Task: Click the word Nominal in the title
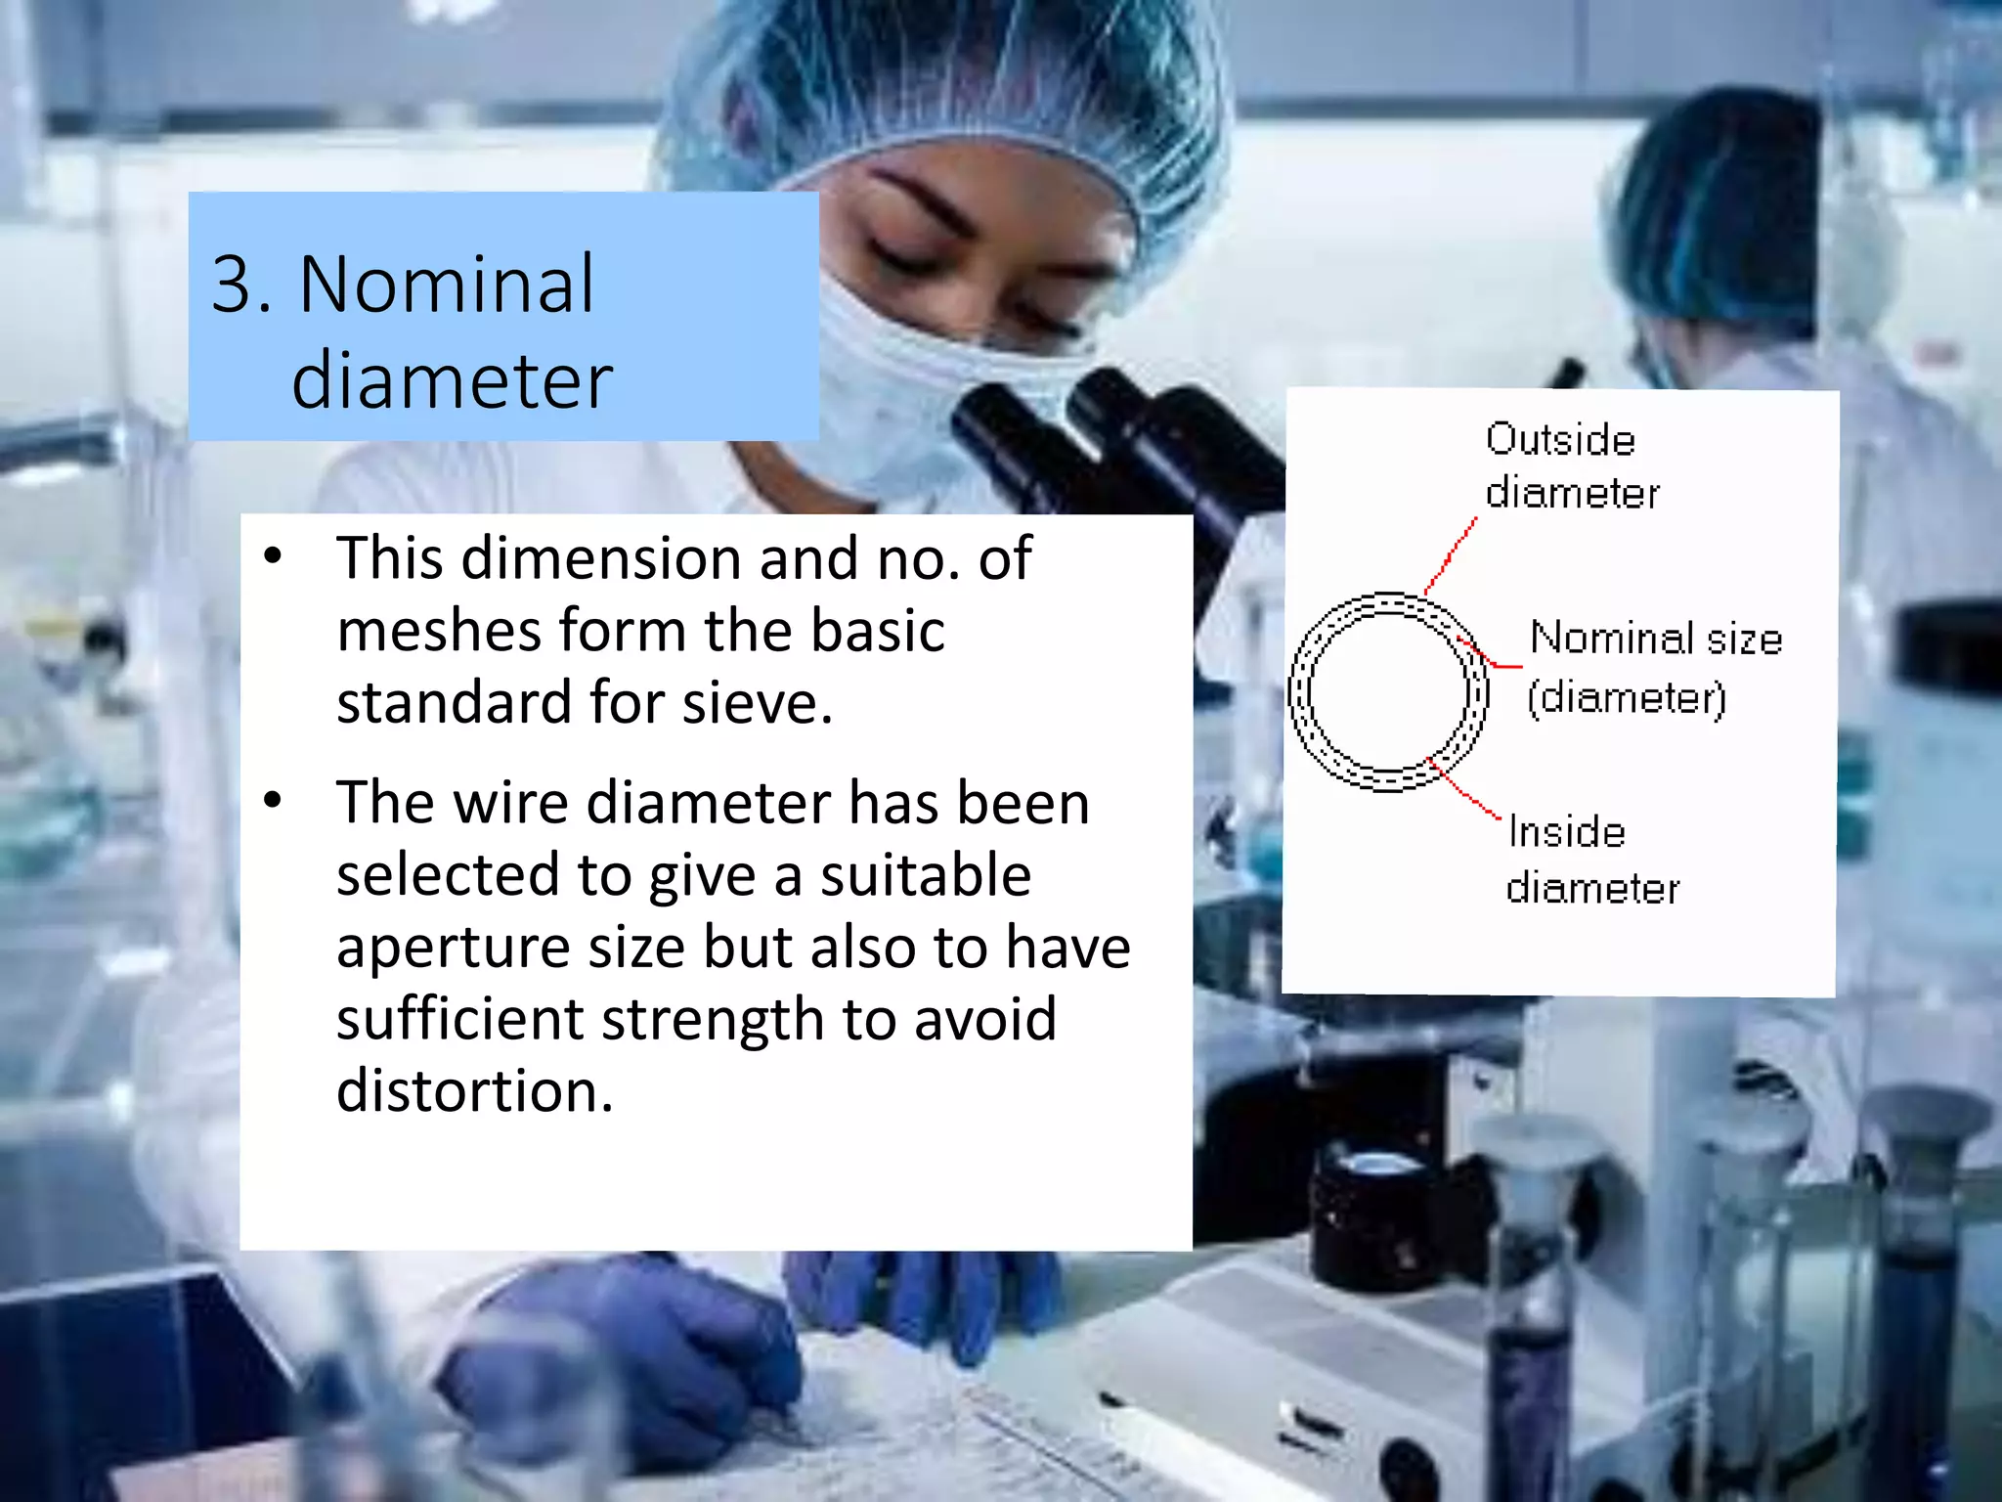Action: point(446,284)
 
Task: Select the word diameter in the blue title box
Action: point(452,380)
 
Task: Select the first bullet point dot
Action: point(273,556)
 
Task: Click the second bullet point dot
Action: point(273,801)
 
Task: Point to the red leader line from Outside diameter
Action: point(1451,555)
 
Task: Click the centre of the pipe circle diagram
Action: point(1388,691)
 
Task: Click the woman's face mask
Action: point(909,391)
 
